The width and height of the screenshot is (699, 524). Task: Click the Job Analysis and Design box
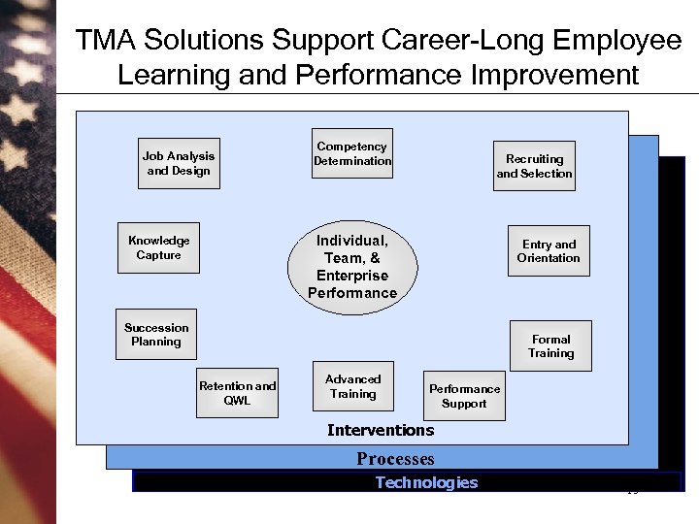pos(179,163)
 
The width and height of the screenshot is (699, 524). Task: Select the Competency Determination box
pos(352,154)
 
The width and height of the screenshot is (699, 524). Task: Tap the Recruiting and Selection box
pos(534,166)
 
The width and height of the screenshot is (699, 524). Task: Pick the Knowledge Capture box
pos(159,247)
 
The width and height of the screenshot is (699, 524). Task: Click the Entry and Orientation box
pos(549,251)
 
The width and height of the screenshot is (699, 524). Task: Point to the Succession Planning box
pos(156,335)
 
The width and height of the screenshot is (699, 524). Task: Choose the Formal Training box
pos(550,346)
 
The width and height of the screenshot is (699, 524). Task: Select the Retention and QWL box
pos(237,392)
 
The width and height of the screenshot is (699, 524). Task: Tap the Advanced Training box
pos(352,386)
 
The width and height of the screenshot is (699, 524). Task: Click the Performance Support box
pos(464,396)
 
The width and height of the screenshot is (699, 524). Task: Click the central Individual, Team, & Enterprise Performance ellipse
pos(352,267)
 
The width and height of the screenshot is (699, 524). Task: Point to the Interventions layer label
pos(381,430)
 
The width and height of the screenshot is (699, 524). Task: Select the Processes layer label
pos(395,459)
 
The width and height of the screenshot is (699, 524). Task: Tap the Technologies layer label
pos(426,482)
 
